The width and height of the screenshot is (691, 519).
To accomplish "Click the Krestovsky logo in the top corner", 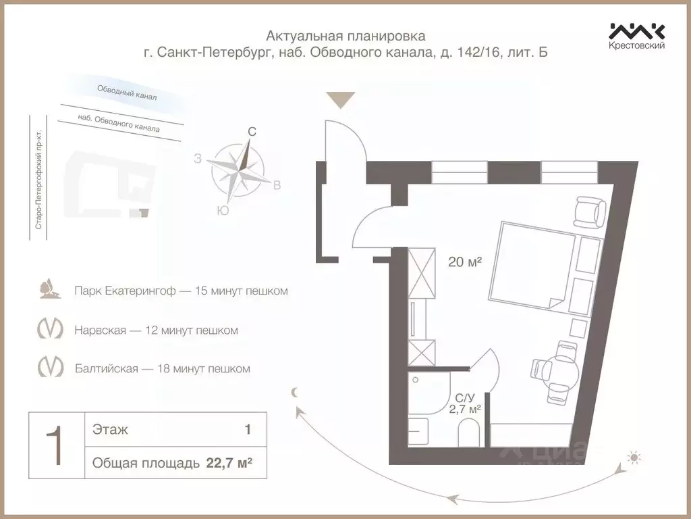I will [637, 35].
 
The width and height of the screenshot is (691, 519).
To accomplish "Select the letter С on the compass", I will [252, 132].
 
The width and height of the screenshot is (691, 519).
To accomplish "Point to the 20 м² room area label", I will [465, 262].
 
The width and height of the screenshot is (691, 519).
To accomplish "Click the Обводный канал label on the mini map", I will [127, 93].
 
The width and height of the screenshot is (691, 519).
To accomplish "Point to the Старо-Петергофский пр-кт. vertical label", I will [39, 179].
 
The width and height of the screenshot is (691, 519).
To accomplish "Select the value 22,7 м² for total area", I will [229, 463].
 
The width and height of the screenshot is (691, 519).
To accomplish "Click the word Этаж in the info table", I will [110, 429].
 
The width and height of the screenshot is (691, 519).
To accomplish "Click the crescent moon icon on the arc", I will [294, 392].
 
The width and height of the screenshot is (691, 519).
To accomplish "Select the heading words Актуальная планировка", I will [345, 35].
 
